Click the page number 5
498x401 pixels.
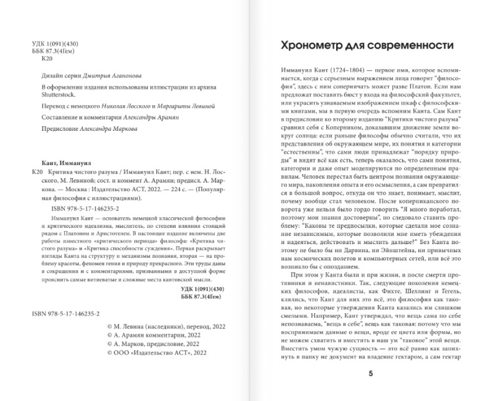370,373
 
